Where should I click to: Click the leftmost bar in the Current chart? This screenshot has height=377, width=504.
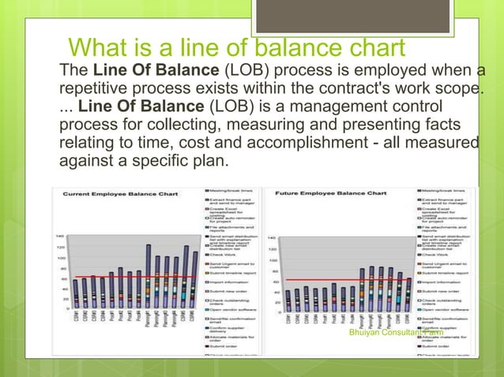[75, 293]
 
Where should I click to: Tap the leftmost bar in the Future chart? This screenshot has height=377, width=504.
[288, 299]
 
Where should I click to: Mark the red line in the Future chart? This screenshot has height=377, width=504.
[348, 280]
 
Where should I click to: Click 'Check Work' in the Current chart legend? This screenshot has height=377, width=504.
[224, 255]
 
